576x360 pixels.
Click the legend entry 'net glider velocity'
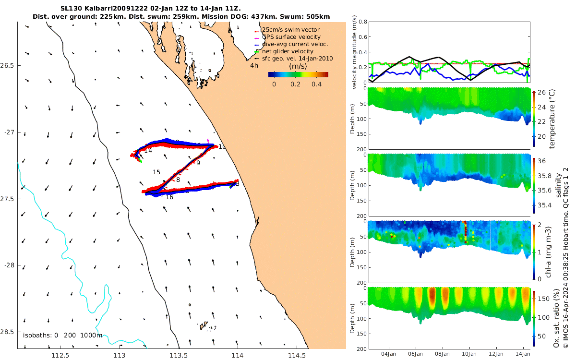287,51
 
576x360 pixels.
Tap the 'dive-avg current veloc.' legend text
295,44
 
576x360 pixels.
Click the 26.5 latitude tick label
9,65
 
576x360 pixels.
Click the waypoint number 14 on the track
148,151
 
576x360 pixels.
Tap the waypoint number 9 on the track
198,163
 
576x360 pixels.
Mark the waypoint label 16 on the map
169,197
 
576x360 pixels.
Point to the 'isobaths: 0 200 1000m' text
62,335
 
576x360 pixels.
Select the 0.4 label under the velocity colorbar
316,84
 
